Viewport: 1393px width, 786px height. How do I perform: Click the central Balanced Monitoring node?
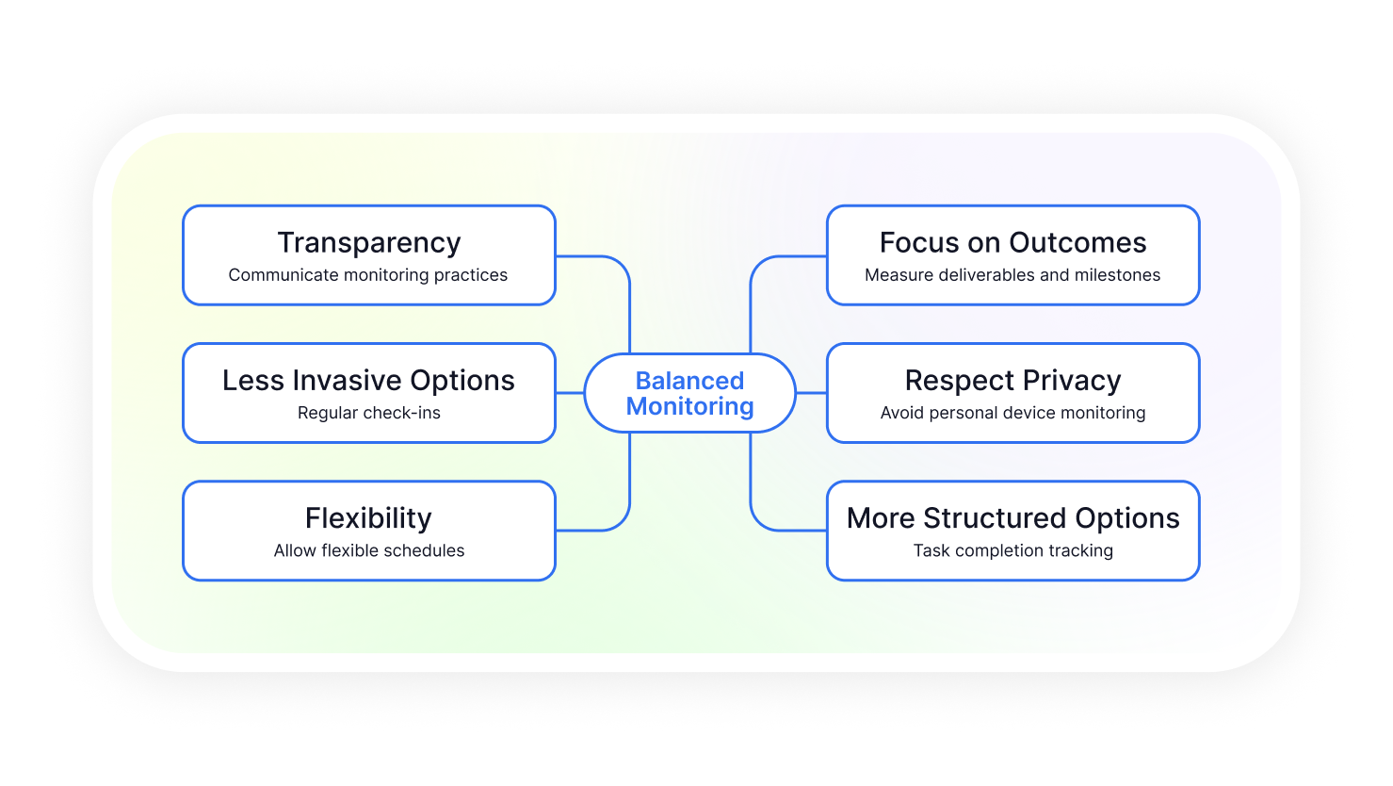(x=689, y=393)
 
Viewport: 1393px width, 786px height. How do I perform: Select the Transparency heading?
(x=369, y=243)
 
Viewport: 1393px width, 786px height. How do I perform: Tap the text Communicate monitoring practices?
(x=368, y=275)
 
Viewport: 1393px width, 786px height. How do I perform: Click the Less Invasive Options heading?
(x=369, y=380)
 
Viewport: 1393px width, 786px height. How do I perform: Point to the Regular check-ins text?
(x=369, y=413)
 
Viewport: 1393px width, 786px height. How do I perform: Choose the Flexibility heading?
(x=369, y=517)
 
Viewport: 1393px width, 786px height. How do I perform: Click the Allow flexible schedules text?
(x=369, y=550)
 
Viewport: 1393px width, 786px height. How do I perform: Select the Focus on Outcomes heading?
(x=1013, y=243)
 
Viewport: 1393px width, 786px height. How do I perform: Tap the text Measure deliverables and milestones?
(x=1013, y=275)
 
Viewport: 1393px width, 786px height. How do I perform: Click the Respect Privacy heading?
(x=1013, y=380)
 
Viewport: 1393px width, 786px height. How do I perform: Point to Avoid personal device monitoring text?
(x=1013, y=413)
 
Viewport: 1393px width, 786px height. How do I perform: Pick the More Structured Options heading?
(x=1013, y=517)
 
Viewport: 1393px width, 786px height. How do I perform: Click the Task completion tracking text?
(x=1013, y=550)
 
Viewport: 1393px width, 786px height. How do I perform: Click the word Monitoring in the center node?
(x=689, y=406)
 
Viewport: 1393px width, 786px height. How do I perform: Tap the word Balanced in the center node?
(x=689, y=380)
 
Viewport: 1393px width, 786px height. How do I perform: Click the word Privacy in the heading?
(x=1072, y=380)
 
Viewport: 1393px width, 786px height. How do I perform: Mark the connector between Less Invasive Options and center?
(x=570, y=393)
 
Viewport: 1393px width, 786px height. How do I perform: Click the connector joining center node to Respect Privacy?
(x=812, y=393)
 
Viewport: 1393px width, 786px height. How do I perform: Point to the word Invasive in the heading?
(x=347, y=380)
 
